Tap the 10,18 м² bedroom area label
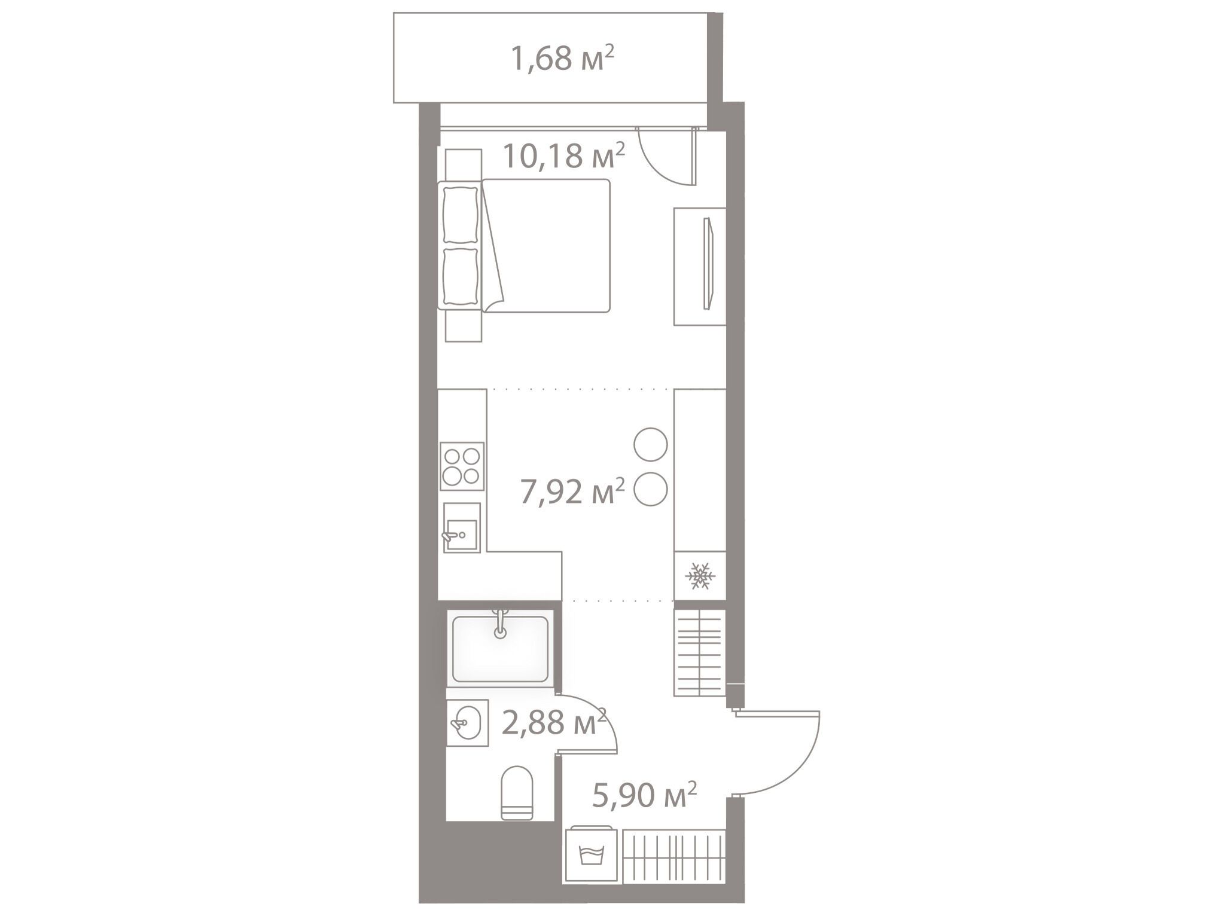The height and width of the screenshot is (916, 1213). pyautogui.click(x=564, y=156)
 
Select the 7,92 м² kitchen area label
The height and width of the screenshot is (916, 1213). pyautogui.click(x=572, y=492)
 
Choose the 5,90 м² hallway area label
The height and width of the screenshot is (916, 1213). pyautogui.click(x=644, y=796)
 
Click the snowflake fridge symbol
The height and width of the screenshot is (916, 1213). pyautogui.click(x=699, y=576)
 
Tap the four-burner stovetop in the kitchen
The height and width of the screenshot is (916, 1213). pyautogui.click(x=462, y=466)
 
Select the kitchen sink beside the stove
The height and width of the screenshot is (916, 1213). pyautogui.click(x=461, y=527)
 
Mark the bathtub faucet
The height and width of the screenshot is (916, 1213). pyautogui.click(x=500, y=624)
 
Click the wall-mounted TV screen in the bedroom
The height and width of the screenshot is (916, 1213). pyautogui.click(x=709, y=264)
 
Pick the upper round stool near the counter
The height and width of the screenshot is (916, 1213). pyautogui.click(x=651, y=444)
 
